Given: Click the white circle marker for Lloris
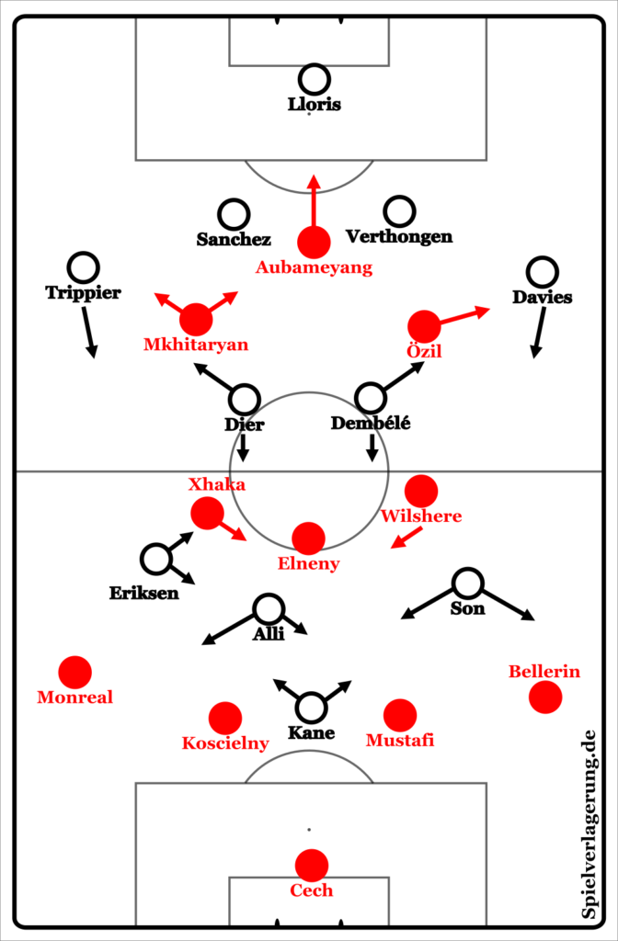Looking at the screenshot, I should point(314,79).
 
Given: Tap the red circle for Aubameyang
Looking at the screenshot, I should point(314,242).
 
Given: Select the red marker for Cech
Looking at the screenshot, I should point(311,865).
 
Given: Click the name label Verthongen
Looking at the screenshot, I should point(399,237).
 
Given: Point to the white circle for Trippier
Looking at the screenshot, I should point(84,267).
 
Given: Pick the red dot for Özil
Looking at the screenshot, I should point(424,325).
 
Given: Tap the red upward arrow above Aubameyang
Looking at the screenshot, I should point(314,199).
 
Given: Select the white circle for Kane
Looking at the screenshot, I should point(311,708).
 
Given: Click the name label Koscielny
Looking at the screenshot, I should point(225,743).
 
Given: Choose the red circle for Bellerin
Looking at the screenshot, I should point(545,697).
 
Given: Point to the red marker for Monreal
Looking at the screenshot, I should point(74,672).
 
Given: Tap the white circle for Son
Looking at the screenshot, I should point(468,583).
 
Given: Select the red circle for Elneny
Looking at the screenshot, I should point(308,539).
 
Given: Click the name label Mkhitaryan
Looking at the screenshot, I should point(196,345).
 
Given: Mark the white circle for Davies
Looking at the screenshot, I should point(543,272).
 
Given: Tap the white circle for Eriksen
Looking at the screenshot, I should point(156,558).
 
